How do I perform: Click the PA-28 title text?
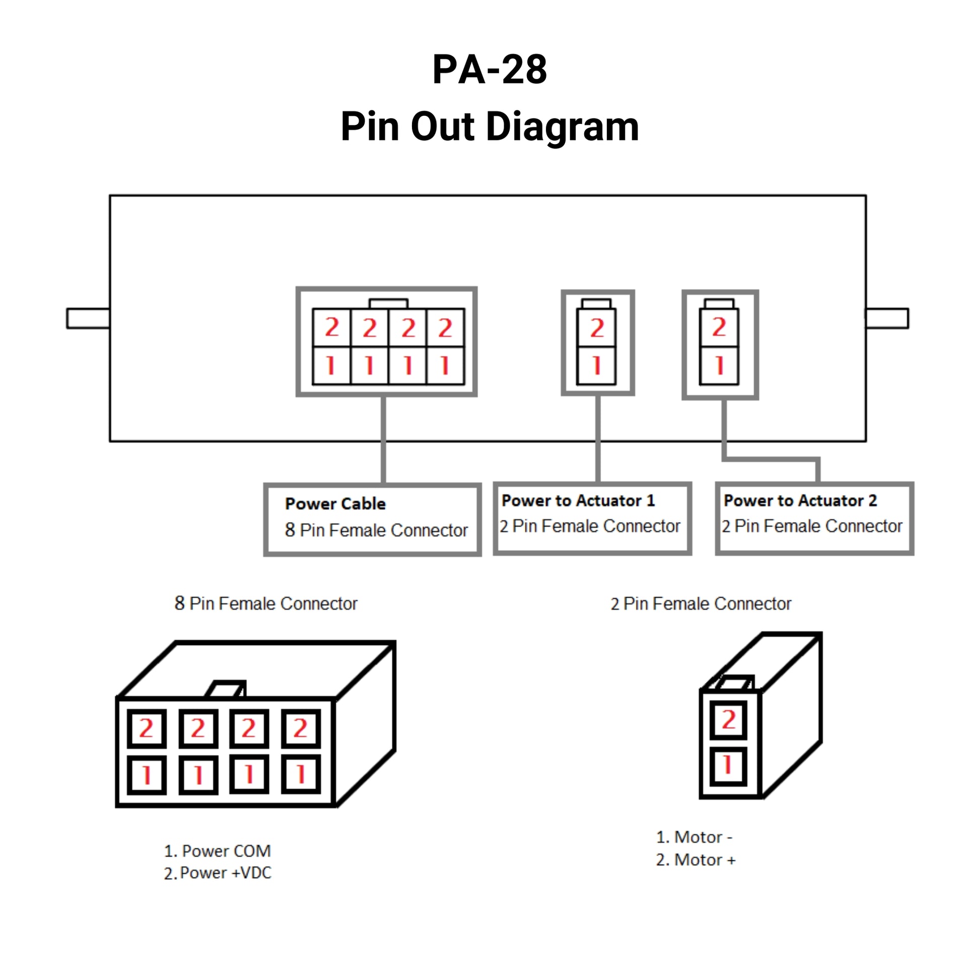pos(489,69)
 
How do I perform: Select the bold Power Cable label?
pos(335,504)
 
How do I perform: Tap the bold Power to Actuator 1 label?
pos(578,501)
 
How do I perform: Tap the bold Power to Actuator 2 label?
pos(800,501)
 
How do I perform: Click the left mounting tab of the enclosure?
pos(88,319)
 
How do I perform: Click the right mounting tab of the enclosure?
pos(887,319)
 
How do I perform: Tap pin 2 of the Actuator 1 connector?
pos(597,328)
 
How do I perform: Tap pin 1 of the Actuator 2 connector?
pos(719,366)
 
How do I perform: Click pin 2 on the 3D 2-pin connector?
pos(728,720)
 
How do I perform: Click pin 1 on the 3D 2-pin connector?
pos(728,765)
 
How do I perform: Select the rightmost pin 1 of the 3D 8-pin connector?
pos(301,775)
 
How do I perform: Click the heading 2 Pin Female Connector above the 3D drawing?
pos(701,604)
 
